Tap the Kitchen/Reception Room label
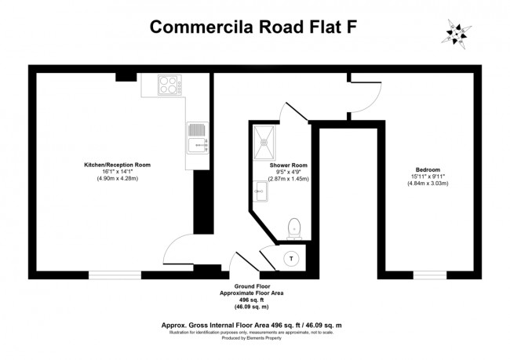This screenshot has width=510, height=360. [x=118, y=165]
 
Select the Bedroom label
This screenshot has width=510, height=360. [x=428, y=170]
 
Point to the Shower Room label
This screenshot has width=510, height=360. [x=289, y=166]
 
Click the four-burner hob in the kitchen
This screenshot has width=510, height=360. [x=169, y=85]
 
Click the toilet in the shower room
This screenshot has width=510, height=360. [x=295, y=227]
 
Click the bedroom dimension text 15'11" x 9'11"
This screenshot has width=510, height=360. [x=428, y=177]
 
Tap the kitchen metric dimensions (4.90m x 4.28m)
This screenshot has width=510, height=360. [x=118, y=179]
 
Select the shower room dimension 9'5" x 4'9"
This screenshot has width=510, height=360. [x=289, y=173]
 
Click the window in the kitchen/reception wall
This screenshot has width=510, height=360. [x=115, y=275]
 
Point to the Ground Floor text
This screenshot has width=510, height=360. [x=252, y=286]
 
